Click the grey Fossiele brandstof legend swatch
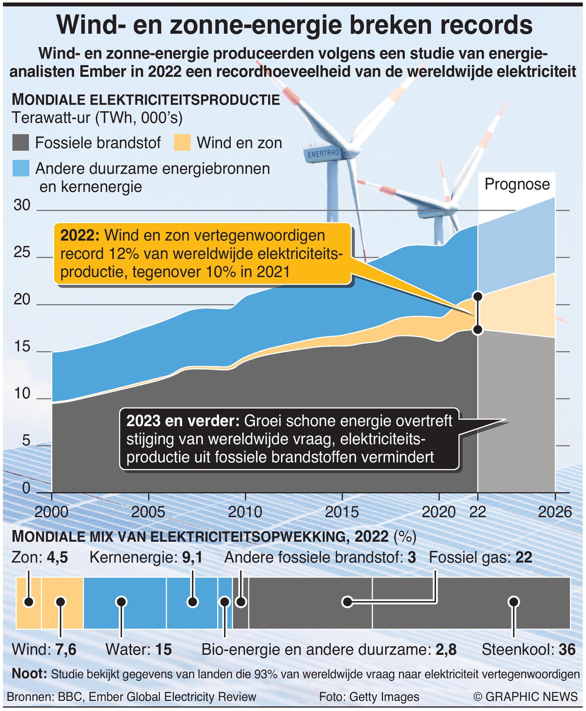point(21,143)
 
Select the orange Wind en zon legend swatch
point(182,143)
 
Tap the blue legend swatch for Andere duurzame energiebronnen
point(21,168)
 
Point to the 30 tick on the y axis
point(22,205)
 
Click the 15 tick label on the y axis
point(22,347)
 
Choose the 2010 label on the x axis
point(245,512)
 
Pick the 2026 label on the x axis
point(555,512)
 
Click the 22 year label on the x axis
point(477,512)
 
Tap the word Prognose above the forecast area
point(517,184)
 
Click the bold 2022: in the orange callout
point(80,236)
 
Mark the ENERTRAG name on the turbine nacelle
point(323,153)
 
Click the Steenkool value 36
point(567,650)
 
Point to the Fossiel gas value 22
point(524,558)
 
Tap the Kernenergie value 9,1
point(192,558)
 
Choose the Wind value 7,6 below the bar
point(66,650)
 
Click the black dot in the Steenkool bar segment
point(514,602)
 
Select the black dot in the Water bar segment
point(121,602)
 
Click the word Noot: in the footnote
point(29,673)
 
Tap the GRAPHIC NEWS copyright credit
point(525,697)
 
